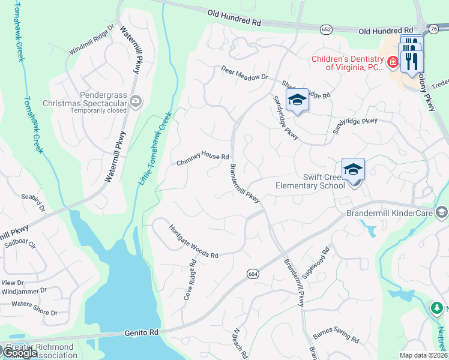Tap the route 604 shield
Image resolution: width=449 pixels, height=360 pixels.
pos(253,274)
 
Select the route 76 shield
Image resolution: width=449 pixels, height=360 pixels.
pos(434,28)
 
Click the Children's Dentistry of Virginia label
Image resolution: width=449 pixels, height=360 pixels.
pos(347,63)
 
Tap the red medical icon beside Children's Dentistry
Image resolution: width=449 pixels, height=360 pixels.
pos(393,62)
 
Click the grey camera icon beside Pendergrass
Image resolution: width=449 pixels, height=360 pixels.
pos(136,100)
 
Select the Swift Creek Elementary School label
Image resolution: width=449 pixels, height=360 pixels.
pos(310,181)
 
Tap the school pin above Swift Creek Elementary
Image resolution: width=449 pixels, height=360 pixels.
pos(354,169)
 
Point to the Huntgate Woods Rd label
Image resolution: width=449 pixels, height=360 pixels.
pos(193,241)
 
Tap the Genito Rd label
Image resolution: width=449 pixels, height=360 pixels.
pos(141,332)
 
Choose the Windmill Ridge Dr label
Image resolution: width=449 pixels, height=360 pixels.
pos(91,40)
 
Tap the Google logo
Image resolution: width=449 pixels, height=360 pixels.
pos(20,353)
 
